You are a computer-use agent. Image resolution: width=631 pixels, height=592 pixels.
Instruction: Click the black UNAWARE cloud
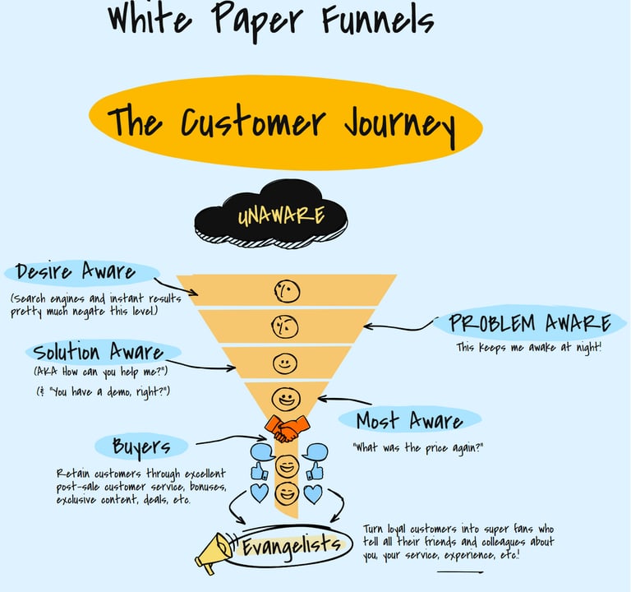[271, 217]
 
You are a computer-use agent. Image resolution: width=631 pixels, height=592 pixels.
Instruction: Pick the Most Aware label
[408, 421]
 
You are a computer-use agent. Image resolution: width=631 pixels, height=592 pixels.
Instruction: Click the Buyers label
[142, 446]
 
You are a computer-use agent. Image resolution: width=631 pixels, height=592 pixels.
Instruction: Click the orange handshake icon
[287, 428]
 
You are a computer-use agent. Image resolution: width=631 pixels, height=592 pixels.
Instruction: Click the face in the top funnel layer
[287, 290]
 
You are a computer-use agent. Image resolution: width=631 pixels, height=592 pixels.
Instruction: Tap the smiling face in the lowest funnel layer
[286, 400]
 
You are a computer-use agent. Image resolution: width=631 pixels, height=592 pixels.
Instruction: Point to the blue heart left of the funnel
[260, 493]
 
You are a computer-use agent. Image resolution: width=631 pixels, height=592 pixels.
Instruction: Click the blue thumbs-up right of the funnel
[315, 471]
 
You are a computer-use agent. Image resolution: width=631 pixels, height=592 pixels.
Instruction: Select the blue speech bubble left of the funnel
[261, 451]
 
